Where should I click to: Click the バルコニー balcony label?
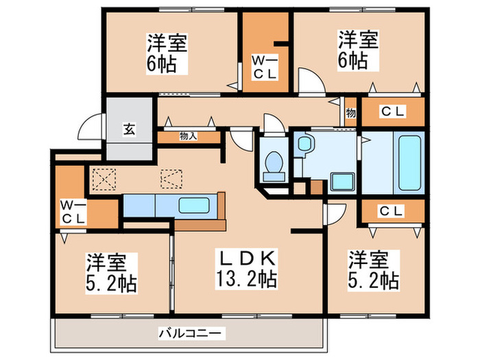tap(190, 333)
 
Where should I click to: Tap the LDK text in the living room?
tap(248, 260)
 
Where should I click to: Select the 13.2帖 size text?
tap(248, 280)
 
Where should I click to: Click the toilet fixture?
tap(274, 162)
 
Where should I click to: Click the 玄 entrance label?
tap(128, 128)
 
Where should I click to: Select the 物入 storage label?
tap(188, 136)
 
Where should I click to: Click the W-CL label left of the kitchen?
tap(73, 212)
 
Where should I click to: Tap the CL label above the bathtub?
tap(392, 112)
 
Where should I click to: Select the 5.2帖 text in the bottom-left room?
tap(110, 281)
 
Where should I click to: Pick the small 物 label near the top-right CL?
tap(350, 112)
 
